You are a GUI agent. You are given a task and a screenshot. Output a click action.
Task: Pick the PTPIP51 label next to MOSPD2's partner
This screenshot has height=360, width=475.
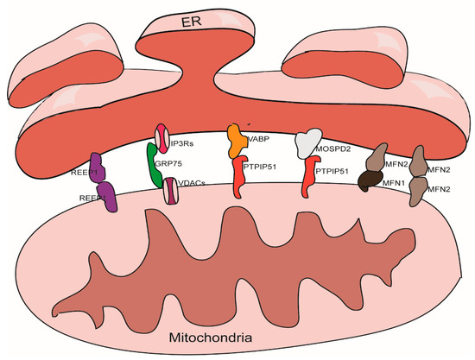pos(333,172)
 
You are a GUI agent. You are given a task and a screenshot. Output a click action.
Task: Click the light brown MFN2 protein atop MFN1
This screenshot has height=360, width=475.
pos(377,159)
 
